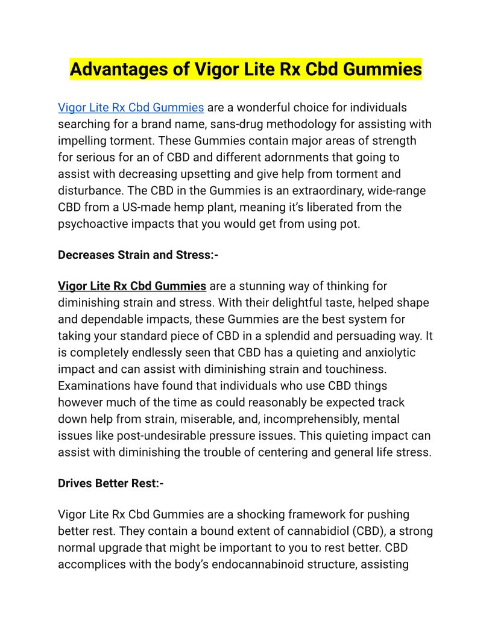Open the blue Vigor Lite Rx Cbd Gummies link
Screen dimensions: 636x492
click(131, 108)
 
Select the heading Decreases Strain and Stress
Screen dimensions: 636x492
click(138, 255)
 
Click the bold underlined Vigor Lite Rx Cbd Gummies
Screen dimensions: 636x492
click(132, 285)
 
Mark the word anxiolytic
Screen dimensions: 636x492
click(376, 352)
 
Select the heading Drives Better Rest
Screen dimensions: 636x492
click(111, 483)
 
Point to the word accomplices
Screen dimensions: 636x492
click(95, 565)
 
